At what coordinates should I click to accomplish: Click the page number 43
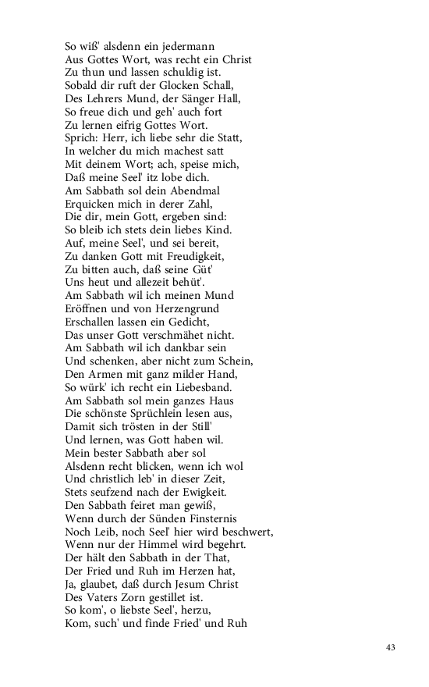pyautogui.click(x=391, y=647)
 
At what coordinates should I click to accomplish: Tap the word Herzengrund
pyautogui.click(x=198, y=308)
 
